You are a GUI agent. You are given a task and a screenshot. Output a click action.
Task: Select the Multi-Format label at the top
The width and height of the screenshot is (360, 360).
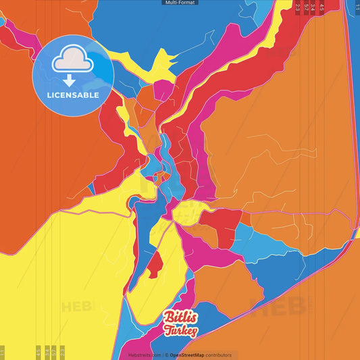point(180,3)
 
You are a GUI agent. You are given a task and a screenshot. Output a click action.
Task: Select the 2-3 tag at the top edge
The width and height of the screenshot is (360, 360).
point(298,7)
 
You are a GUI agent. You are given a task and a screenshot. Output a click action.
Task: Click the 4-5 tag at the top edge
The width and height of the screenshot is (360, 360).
point(322,7)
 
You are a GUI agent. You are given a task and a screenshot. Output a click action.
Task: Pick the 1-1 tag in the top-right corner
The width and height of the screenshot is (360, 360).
point(357,5)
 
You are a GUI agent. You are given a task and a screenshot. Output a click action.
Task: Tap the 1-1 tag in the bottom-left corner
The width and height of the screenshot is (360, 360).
point(3,353)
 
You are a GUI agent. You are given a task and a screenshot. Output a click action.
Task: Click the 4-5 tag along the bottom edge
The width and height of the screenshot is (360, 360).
point(38,353)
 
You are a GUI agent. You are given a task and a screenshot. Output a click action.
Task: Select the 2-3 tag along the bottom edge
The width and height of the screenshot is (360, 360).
point(62,353)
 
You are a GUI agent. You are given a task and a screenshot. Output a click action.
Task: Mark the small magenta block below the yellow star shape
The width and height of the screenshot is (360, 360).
point(163,89)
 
